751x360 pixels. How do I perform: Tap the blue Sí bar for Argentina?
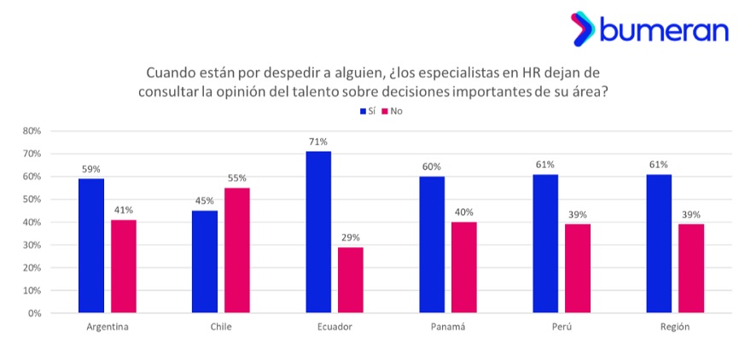point(91,246)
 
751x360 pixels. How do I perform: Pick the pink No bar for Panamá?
point(464,267)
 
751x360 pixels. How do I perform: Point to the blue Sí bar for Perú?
point(545,243)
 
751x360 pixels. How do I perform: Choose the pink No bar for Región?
point(691,268)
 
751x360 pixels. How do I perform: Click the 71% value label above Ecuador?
point(318,142)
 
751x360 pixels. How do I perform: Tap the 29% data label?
point(351,238)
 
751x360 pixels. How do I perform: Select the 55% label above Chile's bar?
point(237,178)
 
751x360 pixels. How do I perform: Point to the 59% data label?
point(91,169)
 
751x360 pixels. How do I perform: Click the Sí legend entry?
point(367,112)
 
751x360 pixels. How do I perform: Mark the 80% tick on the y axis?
point(32,131)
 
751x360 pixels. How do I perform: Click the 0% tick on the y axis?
point(34,313)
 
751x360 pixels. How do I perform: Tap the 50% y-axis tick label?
point(32,200)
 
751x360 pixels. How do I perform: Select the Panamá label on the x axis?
point(448,327)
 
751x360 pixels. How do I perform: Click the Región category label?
point(675,327)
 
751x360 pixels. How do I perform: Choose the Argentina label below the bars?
point(108,327)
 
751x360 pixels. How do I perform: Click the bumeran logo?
point(649,30)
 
